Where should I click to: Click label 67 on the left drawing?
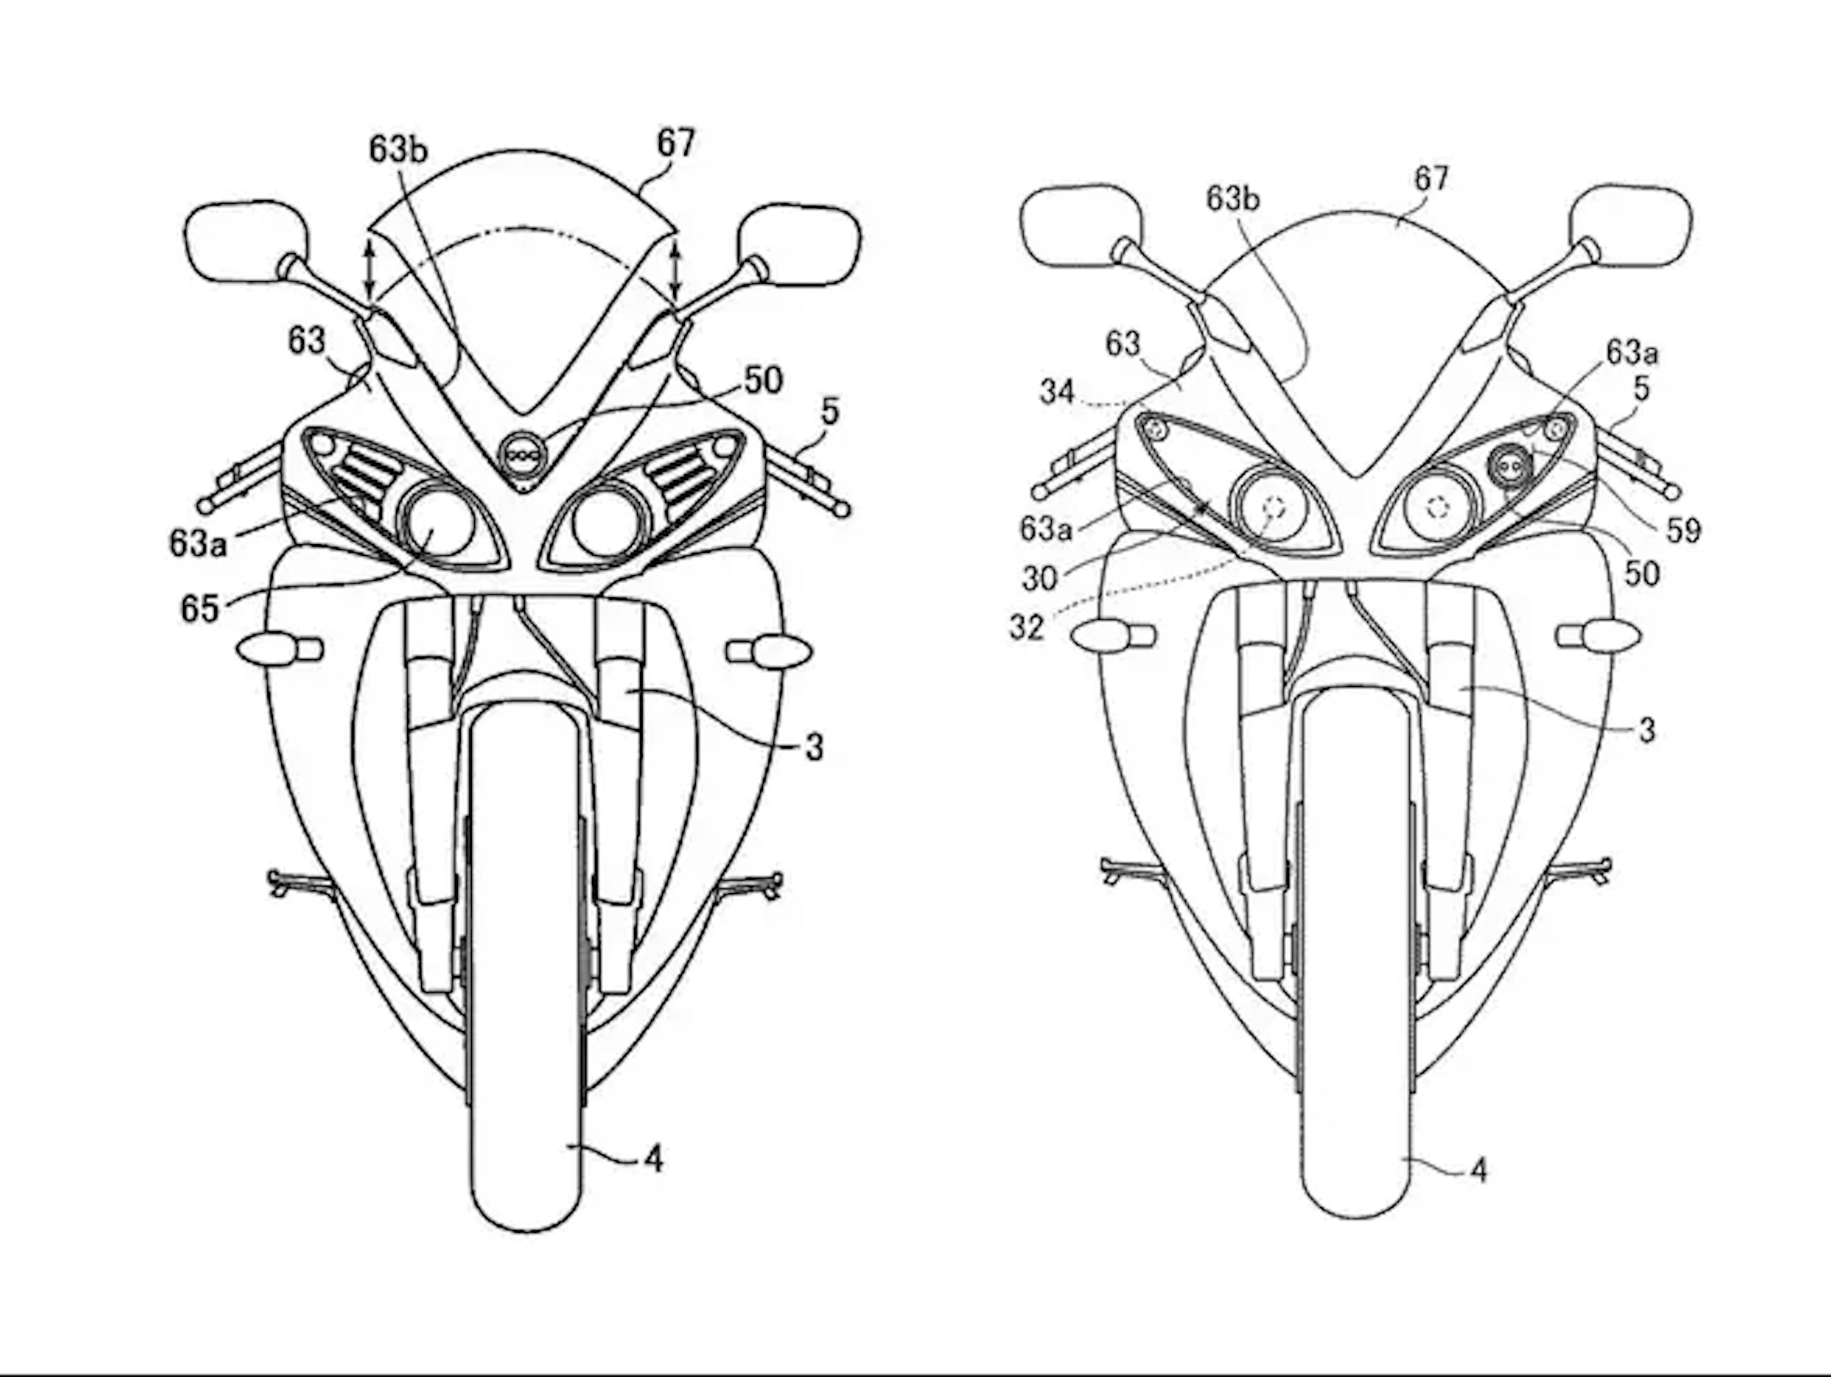(676, 144)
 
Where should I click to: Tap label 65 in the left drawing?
(200, 609)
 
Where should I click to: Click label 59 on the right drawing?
(1683, 530)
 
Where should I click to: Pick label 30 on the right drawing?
(1039, 578)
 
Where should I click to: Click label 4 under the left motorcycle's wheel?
(654, 1160)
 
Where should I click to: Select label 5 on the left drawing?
(830, 411)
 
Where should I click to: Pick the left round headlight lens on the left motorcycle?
(437, 524)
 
